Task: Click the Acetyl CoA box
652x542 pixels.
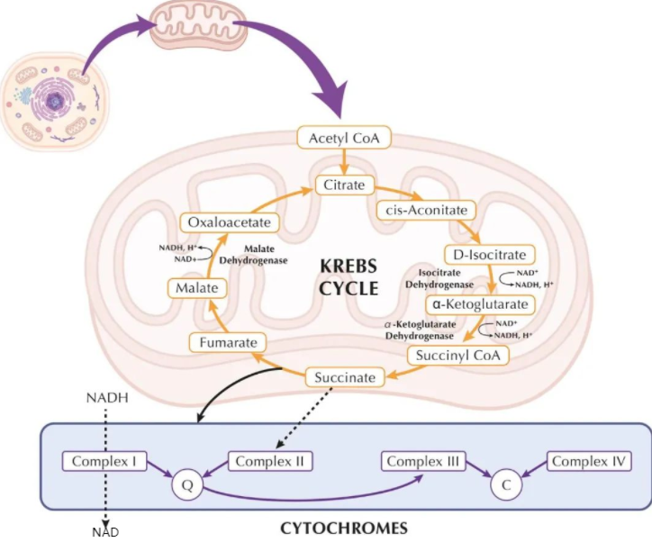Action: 344,138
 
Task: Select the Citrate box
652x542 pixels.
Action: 344,185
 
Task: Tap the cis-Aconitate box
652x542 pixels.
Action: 426,211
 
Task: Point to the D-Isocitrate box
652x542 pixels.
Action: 490,255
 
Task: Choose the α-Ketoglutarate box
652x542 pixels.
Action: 480,304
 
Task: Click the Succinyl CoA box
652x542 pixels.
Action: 457,356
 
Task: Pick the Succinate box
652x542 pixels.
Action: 345,377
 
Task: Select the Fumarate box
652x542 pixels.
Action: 228,343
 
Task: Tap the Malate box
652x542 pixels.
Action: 197,288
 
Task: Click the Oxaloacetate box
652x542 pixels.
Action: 230,222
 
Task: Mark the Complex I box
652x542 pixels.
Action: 104,461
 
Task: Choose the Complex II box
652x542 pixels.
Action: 270,461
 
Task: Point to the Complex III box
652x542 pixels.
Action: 423,461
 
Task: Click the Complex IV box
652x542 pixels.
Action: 589,461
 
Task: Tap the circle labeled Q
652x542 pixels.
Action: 187,485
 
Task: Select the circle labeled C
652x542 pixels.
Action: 506,485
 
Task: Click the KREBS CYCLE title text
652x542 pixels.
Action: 349,277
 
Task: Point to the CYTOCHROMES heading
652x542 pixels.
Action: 344,528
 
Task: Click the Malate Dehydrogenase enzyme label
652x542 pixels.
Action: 254,255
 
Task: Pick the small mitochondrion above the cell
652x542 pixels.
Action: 198,24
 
